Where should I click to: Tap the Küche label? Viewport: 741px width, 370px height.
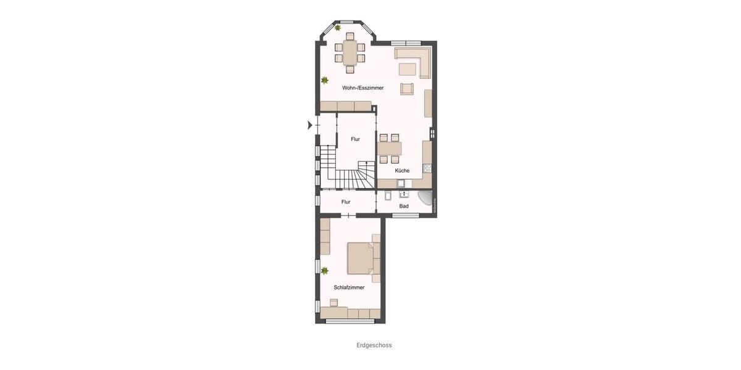402,170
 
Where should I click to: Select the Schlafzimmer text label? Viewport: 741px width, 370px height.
349,287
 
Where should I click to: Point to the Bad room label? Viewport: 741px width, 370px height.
404,206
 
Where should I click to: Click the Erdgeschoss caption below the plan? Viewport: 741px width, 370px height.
374,345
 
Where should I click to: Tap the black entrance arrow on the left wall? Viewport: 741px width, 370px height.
310,125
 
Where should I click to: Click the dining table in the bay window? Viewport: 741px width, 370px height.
350,52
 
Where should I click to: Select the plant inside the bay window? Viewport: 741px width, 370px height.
338,28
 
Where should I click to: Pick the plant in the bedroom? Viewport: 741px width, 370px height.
325,270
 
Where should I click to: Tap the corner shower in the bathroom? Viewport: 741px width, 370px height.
427,197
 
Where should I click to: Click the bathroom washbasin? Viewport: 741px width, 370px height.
403,195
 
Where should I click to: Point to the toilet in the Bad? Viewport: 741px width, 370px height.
387,196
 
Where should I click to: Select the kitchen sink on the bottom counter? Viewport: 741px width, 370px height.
402,183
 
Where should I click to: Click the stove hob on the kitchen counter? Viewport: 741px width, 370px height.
427,168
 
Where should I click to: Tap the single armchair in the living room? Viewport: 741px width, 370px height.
406,88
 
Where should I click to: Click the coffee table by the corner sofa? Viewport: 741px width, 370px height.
407,68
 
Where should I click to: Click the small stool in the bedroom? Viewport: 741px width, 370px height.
334,302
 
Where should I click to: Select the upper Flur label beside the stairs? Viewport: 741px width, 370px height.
355,139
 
